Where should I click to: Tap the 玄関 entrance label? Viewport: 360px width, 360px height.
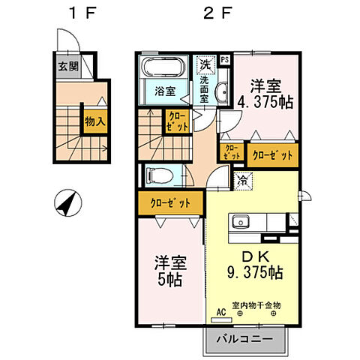tap(68, 64)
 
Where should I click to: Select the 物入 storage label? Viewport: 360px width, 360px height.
tap(94, 121)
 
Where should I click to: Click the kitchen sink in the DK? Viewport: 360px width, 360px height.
tap(243, 222)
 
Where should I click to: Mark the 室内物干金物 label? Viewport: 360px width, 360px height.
tap(257, 305)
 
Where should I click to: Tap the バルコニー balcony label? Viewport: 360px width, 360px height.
tap(245, 338)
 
